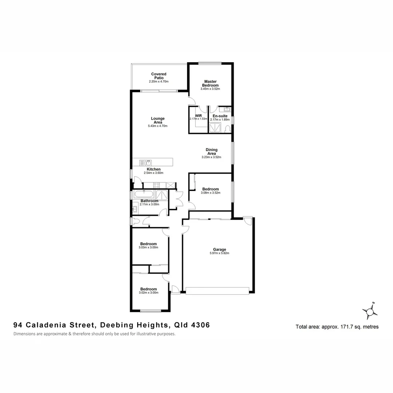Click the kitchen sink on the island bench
(x=147, y=162)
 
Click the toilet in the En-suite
(x=227, y=128)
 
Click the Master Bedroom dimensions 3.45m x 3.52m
(x=210, y=89)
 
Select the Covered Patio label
(x=159, y=76)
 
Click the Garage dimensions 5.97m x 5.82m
(x=219, y=253)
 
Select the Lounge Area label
(x=158, y=120)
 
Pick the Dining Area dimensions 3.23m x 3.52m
(x=211, y=157)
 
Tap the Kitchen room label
(x=154, y=169)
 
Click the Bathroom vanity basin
(x=135, y=209)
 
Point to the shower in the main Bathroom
(x=162, y=195)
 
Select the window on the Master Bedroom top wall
(x=210, y=63)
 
